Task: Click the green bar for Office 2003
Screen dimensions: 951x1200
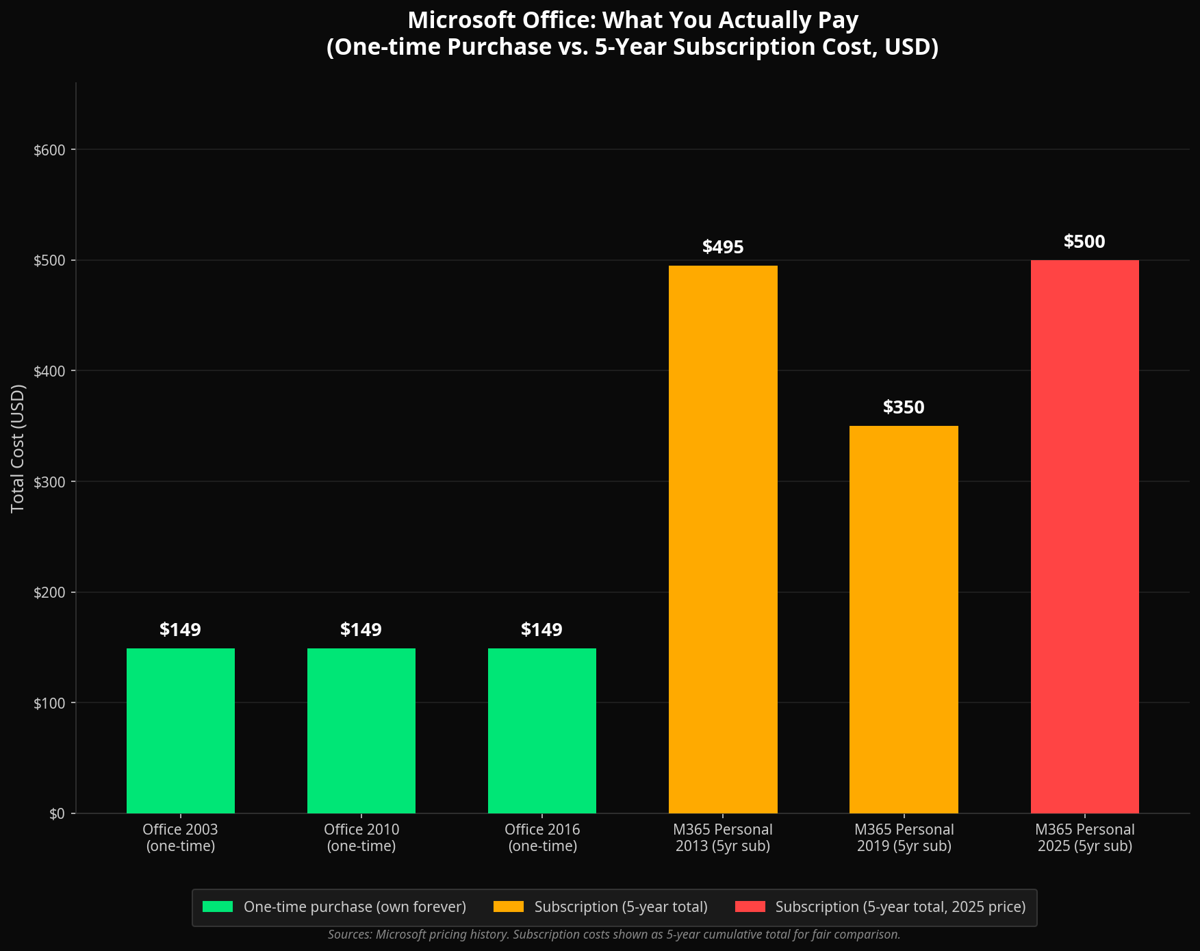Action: coord(180,731)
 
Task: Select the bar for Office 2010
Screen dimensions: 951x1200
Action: coord(361,731)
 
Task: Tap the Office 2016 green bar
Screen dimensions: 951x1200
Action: coord(541,731)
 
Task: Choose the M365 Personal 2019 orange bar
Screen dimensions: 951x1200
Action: coord(904,620)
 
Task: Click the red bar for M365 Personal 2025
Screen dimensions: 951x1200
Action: coord(1084,537)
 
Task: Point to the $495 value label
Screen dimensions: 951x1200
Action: coord(723,247)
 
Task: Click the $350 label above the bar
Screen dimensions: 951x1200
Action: coord(904,407)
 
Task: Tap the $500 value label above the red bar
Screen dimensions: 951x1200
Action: coord(1084,242)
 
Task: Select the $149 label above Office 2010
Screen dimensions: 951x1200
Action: coord(361,630)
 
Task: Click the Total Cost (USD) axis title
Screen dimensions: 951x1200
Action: coord(18,448)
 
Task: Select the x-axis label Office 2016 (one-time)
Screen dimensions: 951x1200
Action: coord(542,838)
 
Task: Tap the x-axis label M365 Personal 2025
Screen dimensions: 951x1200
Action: coord(1084,838)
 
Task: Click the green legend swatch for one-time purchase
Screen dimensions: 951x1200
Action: coord(218,907)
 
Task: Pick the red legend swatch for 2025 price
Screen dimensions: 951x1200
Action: coord(750,907)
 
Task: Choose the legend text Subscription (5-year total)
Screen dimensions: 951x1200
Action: coord(621,907)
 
